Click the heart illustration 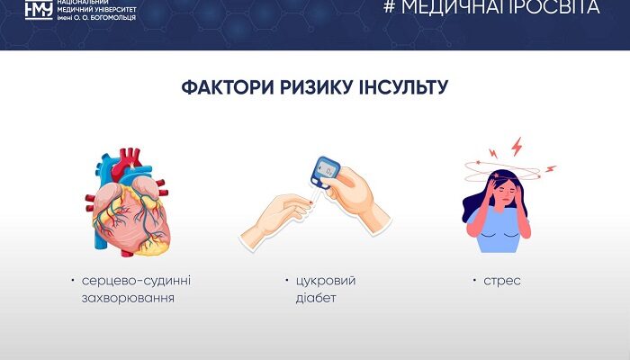point(130,207)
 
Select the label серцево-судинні point(136,281)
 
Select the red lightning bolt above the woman point(517,145)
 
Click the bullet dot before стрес point(474,280)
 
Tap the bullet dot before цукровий point(285,280)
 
